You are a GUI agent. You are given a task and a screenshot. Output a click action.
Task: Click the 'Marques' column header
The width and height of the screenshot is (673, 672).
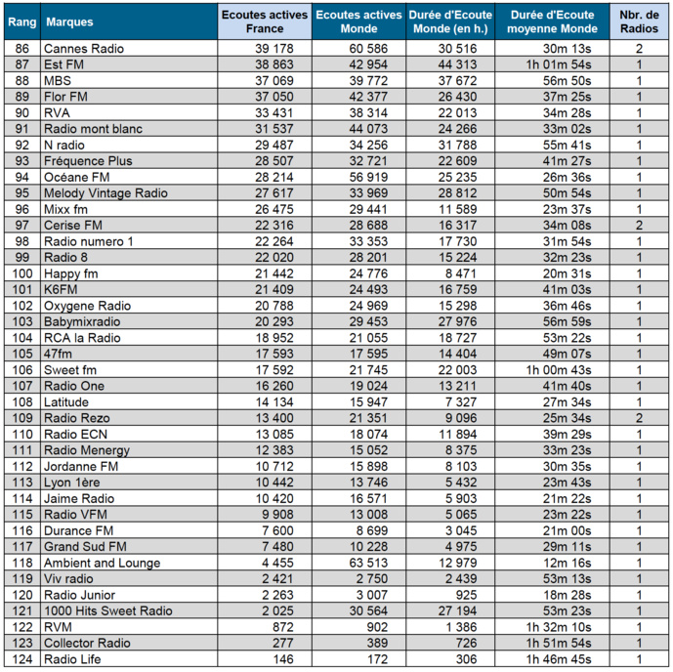[x=63, y=21]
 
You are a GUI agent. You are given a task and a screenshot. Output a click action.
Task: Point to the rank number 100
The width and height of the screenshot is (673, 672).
[x=21, y=273]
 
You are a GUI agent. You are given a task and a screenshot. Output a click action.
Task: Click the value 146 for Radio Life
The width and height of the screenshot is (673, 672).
[x=258, y=659]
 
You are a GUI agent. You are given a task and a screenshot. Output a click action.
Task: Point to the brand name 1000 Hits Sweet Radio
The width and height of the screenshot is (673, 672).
[x=107, y=610]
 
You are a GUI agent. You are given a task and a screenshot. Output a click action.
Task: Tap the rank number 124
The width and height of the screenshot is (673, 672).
[x=21, y=659]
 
